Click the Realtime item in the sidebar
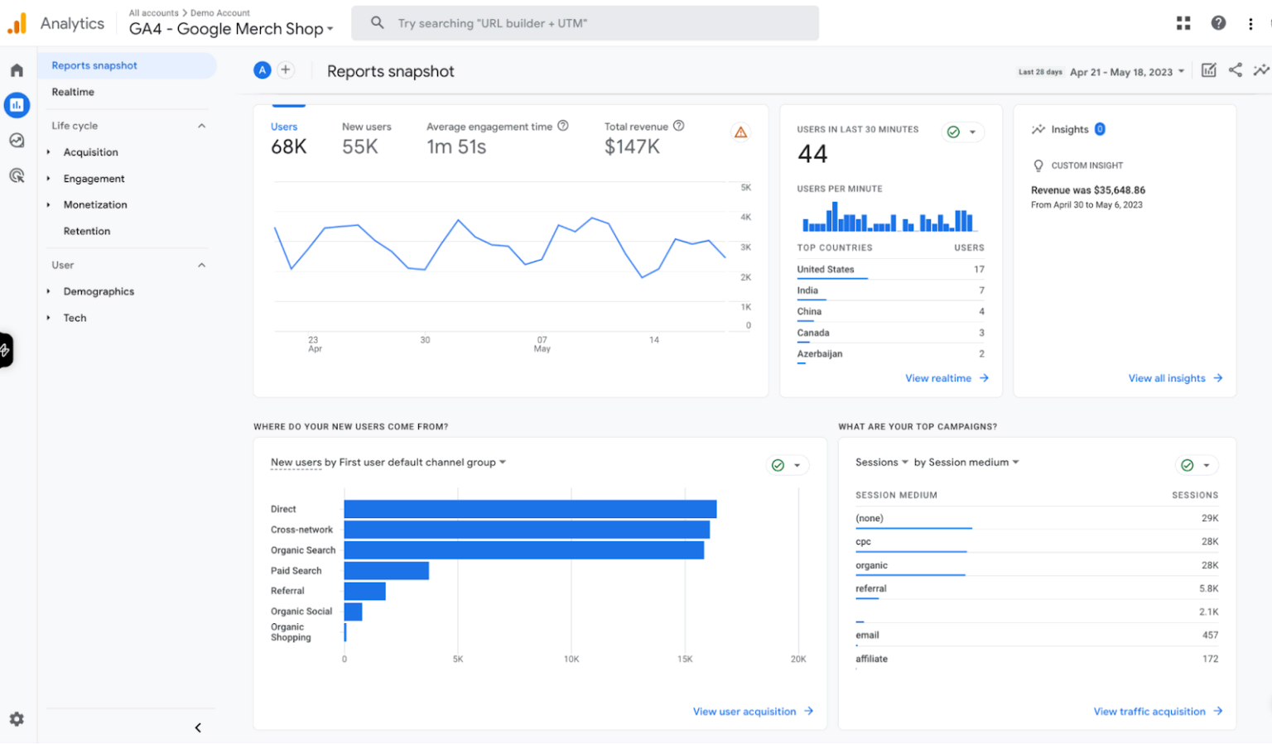73,92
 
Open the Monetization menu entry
95,204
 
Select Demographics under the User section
99,291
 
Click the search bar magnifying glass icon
377,23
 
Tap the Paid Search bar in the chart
386,571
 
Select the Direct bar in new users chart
530,509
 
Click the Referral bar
364,591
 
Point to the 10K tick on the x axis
571,660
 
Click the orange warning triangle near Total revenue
740,132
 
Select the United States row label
825,269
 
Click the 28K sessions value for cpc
1209,541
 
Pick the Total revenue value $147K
632,147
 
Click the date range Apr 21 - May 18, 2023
1120,72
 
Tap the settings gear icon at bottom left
17,719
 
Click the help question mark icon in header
1218,23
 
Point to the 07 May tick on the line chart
542,343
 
